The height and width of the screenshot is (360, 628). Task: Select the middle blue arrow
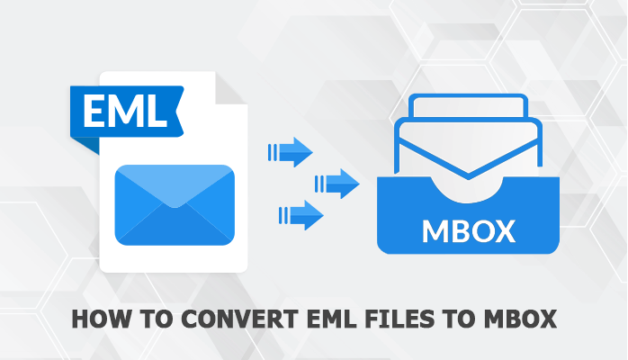point(340,184)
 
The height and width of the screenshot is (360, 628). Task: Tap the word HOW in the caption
point(94,320)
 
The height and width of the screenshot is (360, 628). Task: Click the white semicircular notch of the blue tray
point(468,191)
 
